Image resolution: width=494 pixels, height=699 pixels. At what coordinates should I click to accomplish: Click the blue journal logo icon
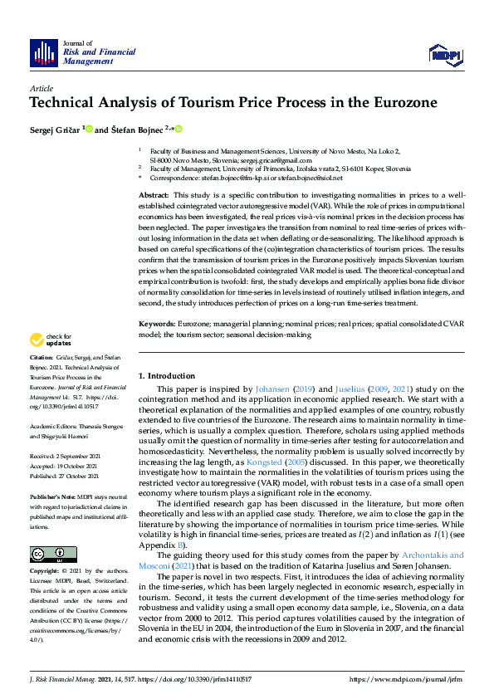click(42, 53)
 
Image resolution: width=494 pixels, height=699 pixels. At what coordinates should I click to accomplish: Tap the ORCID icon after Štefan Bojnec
click(178, 130)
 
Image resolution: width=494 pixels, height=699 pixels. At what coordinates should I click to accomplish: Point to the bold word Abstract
click(154, 193)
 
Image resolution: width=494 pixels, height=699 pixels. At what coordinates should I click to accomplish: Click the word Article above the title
click(41, 87)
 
